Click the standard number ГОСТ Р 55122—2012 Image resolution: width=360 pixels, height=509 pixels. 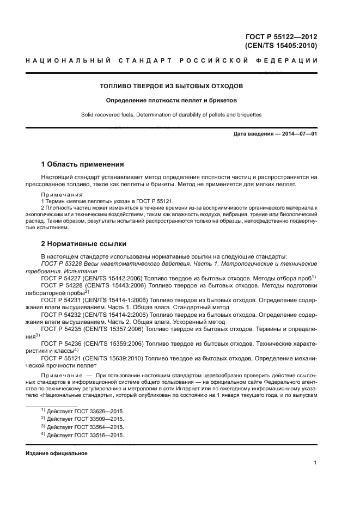tap(281, 37)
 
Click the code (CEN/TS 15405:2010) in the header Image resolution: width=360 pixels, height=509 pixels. tap(281, 46)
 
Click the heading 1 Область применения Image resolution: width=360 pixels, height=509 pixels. tap(83, 164)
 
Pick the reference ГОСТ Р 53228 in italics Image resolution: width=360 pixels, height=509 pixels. tap(62, 263)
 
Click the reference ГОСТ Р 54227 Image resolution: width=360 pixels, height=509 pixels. tap(62, 278)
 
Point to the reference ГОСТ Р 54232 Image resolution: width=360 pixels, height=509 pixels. tap(62, 314)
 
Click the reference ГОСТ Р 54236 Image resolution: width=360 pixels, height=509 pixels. tap(62, 344)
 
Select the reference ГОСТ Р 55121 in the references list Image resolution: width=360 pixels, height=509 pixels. tap(62, 358)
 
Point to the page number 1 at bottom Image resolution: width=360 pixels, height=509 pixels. tap(315, 463)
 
